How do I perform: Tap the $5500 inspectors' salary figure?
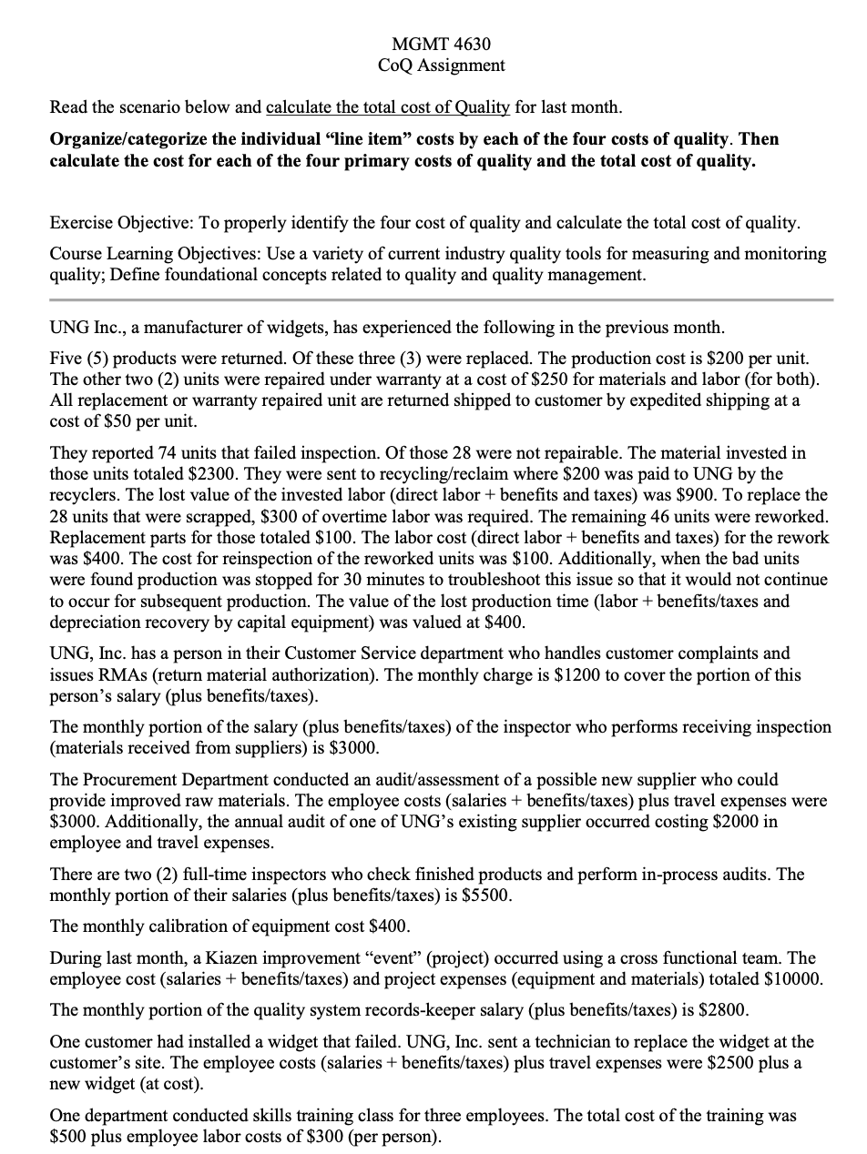coord(488,896)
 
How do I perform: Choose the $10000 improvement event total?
coord(794,980)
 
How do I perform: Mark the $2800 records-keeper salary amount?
coord(673,1011)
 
